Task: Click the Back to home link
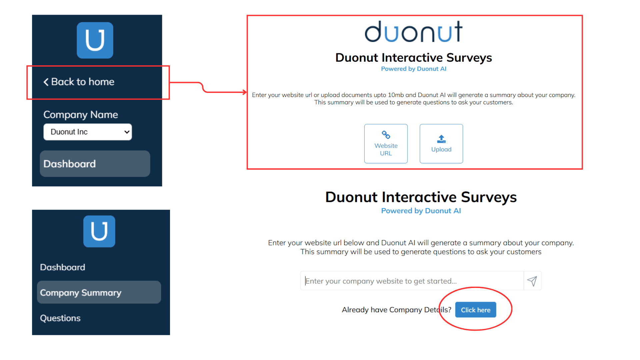pos(79,82)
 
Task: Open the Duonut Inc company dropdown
pos(88,132)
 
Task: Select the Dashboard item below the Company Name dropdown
pos(95,164)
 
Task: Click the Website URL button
pos(386,144)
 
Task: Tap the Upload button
pos(441,144)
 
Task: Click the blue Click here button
pos(476,310)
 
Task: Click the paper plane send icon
pos(532,281)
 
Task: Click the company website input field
pos(412,281)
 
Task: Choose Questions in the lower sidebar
pos(60,318)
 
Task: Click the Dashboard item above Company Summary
pos(63,267)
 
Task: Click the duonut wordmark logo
pos(414,32)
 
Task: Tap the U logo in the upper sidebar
pos(95,40)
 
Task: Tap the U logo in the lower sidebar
pos(99,231)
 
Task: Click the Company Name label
pos(81,115)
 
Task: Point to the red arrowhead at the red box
pos(245,92)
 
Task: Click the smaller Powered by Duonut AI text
pos(414,69)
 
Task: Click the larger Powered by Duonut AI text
pos(421,211)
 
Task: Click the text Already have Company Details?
pos(396,310)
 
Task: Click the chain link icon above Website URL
pos(386,135)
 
